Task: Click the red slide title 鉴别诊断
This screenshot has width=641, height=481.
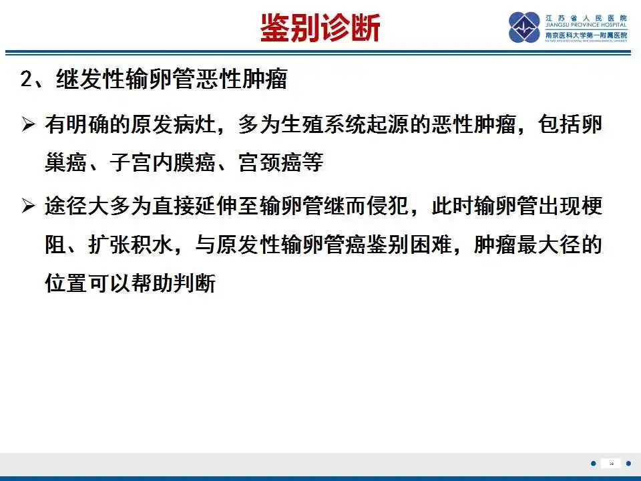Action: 320,29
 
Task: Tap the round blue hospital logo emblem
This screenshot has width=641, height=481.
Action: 524,27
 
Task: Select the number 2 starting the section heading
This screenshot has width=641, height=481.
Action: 26,80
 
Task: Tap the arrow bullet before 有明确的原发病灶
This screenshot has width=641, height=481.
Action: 28,124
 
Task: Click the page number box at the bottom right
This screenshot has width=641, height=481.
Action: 610,463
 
